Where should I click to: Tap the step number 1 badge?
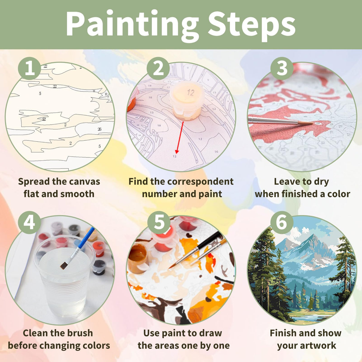pos(29,68)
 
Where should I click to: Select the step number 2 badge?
pos(158,68)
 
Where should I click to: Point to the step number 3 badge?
pos(282,68)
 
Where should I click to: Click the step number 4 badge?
pos(29,222)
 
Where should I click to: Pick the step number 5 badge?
pos(159,222)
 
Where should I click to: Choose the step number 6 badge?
pos(282,222)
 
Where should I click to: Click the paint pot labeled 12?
pos(187,100)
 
